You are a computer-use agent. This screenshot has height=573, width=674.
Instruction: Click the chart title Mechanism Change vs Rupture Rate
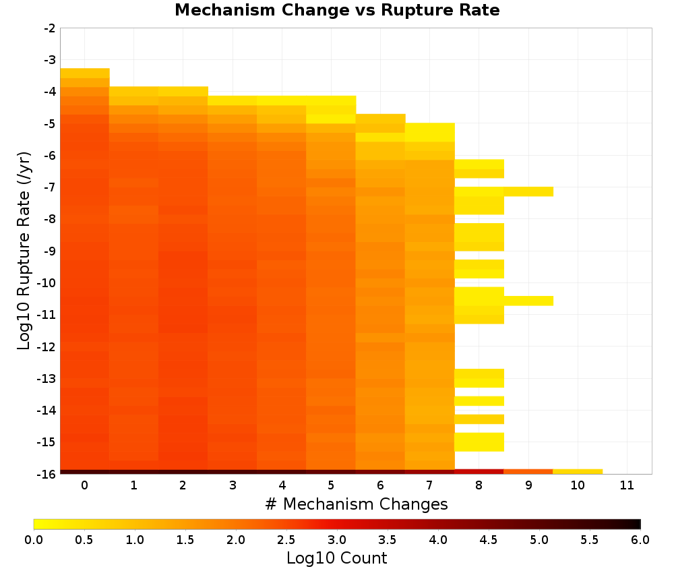pos(337,10)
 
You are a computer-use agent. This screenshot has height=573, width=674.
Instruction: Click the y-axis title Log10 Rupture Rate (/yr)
pos(24,251)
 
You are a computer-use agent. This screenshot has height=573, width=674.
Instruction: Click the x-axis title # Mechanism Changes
pos(357,504)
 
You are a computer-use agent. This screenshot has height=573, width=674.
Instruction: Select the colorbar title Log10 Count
pos(336,558)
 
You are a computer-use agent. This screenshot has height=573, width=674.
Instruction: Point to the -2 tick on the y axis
pos(50,28)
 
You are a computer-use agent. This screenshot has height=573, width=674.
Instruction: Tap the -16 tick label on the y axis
pos(47,474)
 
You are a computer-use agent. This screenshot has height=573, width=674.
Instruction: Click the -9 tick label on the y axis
pos(50,251)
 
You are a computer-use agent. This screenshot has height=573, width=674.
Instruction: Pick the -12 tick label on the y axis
pos(47,346)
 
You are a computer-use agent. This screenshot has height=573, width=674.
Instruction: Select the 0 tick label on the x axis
pos(85,485)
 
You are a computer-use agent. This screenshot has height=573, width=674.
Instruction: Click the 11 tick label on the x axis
pos(627,485)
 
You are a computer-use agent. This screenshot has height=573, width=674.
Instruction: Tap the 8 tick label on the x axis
pos(479,485)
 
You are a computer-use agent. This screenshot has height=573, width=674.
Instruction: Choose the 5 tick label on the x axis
pos(331,485)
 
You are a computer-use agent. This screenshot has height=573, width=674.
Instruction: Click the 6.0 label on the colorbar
pos(640,540)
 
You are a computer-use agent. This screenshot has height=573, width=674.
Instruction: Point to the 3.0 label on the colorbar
pos(337,540)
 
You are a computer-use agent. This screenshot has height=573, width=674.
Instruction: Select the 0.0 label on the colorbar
pos(34,540)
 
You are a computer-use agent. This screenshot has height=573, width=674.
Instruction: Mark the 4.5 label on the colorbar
pos(489,540)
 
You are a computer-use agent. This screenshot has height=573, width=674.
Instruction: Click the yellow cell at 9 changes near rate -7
pos(528,191)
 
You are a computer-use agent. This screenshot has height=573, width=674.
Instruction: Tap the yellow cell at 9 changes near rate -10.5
pos(528,301)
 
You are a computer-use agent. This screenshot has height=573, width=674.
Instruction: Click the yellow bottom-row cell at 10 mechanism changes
pos(578,472)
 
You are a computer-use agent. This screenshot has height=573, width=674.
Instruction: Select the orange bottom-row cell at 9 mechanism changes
pos(528,472)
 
